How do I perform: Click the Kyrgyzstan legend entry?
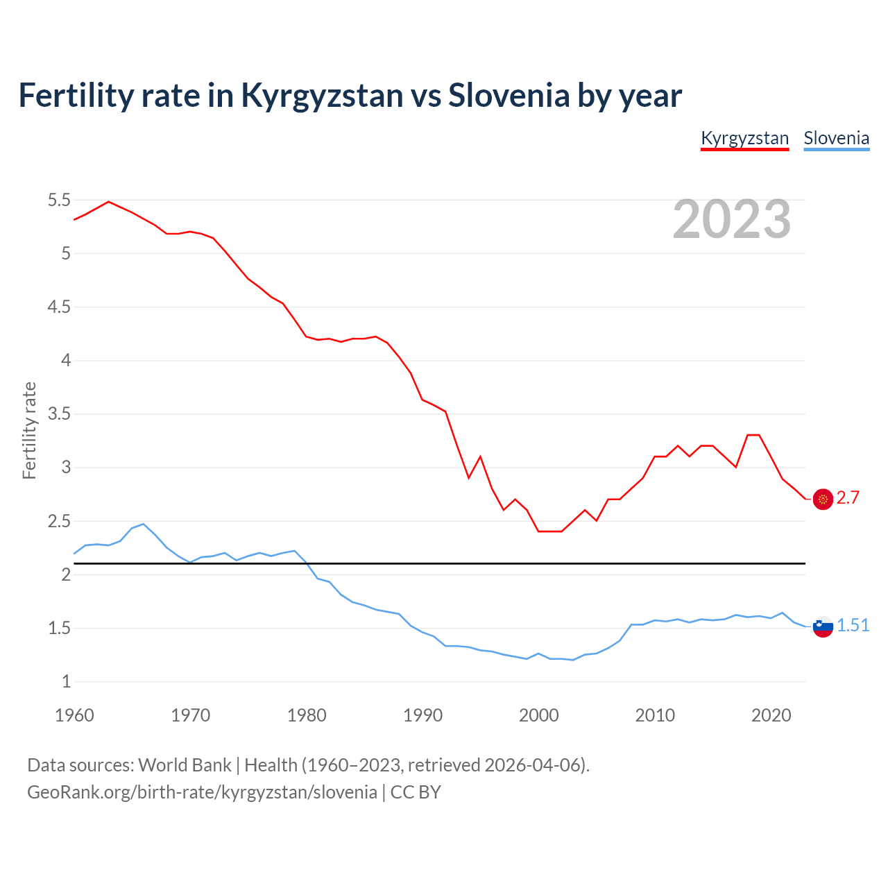(744, 138)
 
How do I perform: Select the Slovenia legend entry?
(836, 138)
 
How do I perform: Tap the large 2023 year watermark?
(732, 219)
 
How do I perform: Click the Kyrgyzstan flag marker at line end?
(823, 499)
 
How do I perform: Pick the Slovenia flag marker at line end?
(823, 626)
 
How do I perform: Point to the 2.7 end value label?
(848, 498)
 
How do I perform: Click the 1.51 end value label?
(853, 626)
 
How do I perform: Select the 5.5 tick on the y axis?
(59, 200)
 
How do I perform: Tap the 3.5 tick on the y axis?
(59, 414)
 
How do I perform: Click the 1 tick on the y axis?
(66, 682)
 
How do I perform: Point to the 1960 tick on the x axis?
(74, 715)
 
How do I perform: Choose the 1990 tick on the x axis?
(422, 715)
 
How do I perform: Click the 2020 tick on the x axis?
(771, 715)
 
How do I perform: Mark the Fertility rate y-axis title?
(29, 430)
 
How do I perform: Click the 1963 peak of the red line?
(109, 201)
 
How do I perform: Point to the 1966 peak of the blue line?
(144, 524)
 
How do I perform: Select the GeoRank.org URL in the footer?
(202, 792)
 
